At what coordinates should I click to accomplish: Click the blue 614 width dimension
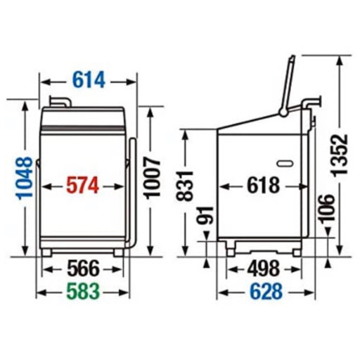click(89, 80)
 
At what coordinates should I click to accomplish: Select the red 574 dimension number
click(82, 186)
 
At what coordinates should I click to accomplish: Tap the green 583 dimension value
click(83, 291)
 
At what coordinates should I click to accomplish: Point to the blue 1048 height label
click(25, 178)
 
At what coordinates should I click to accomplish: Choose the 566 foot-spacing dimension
click(84, 269)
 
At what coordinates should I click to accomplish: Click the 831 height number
click(184, 186)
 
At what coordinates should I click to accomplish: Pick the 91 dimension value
click(205, 215)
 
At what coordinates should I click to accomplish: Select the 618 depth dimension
click(263, 186)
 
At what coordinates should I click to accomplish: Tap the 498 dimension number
click(264, 269)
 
